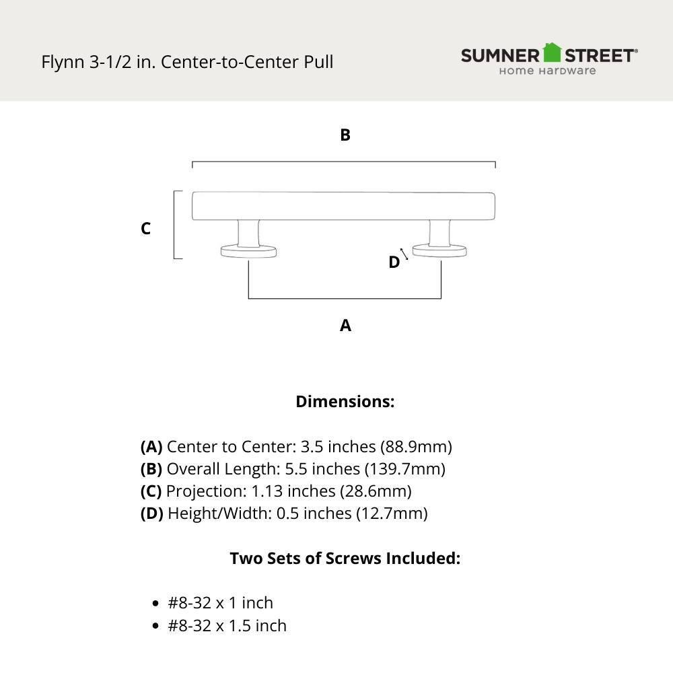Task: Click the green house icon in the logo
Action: [x=552, y=52]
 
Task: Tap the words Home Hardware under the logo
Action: [x=546, y=71]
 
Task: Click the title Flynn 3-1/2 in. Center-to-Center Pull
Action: [x=187, y=62]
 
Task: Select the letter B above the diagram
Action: [x=345, y=135]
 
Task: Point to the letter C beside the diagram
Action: [x=145, y=229]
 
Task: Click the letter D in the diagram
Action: [x=394, y=262]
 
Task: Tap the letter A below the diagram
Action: [x=345, y=326]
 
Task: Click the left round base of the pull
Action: [x=248, y=252]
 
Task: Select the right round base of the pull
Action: [x=440, y=251]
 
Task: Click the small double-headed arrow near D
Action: [x=404, y=254]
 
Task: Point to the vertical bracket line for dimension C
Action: [x=175, y=225]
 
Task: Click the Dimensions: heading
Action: [x=345, y=402]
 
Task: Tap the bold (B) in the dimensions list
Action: [x=151, y=469]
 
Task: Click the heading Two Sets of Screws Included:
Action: [x=345, y=559]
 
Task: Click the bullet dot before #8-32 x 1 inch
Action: [x=155, y=604]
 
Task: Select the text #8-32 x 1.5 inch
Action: [x=227, y=626]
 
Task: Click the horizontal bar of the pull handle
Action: [x=343, y=206]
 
